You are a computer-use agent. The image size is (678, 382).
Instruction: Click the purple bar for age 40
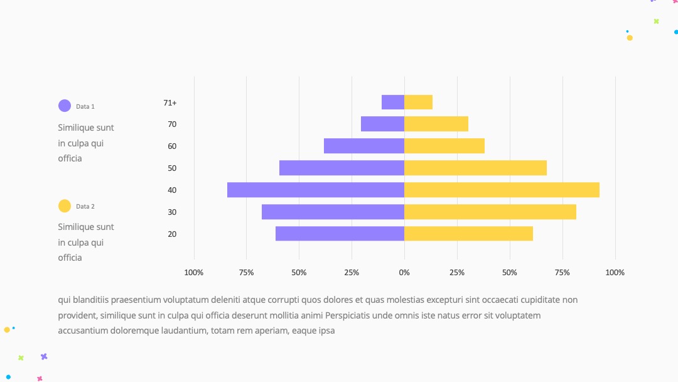316,190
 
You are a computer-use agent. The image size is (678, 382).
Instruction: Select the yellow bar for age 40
502,190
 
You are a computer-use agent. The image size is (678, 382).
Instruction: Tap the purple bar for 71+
393,102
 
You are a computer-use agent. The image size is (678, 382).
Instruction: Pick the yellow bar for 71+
418,102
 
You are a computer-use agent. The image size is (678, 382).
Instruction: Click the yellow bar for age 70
436,124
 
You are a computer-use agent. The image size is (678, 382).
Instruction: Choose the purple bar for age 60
364,146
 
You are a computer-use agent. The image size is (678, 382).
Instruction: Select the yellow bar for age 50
475,168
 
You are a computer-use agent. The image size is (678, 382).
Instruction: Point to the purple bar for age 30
333,212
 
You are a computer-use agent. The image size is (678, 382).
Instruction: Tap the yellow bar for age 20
468,234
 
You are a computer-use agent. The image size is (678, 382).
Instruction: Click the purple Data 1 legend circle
65,106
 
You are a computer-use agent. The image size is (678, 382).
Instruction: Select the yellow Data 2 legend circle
65,206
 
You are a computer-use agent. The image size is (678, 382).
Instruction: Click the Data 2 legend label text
85,206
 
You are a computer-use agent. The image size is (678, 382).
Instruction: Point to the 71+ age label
170,103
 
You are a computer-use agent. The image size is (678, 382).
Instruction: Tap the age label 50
172,168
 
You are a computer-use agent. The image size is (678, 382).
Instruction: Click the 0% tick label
404,273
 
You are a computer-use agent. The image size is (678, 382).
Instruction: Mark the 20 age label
172,234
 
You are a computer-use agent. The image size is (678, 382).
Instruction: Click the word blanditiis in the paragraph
91,300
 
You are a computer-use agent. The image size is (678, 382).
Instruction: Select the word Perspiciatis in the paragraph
348,315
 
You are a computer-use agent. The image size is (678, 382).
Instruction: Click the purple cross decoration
44,356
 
